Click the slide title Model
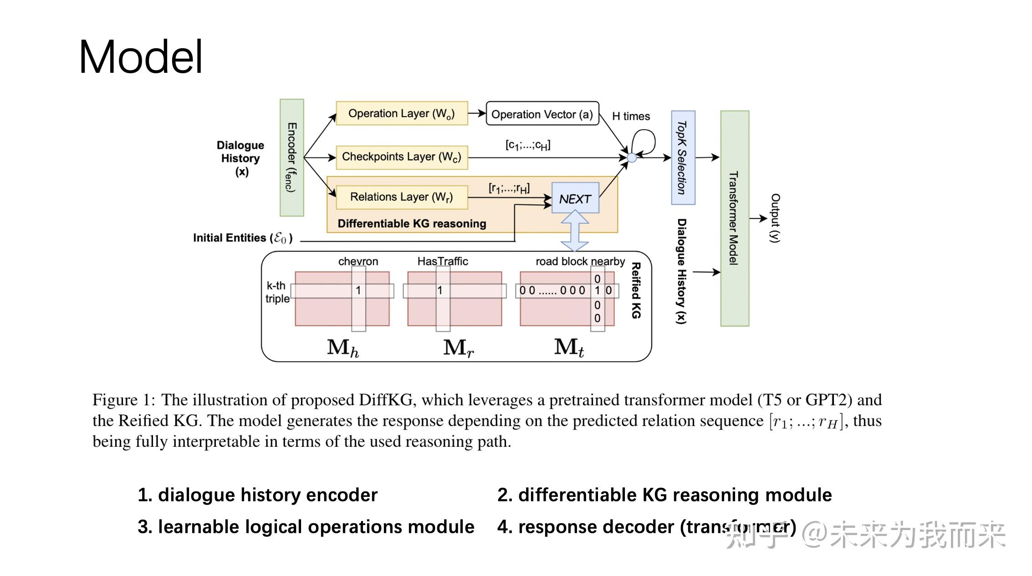141,57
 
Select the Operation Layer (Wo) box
401,113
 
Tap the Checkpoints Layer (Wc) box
401,157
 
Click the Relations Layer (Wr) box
401,197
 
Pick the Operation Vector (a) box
542,114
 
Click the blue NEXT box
575,198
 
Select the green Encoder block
291,157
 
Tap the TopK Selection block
683,157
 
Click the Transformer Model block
734,218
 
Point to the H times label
631,116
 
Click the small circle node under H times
632,158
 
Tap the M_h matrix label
342,348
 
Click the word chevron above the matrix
358,261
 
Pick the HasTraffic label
442,261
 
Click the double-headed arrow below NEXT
575,231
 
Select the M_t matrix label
569,348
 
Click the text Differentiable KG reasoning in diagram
412,224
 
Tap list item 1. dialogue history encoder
257,495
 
